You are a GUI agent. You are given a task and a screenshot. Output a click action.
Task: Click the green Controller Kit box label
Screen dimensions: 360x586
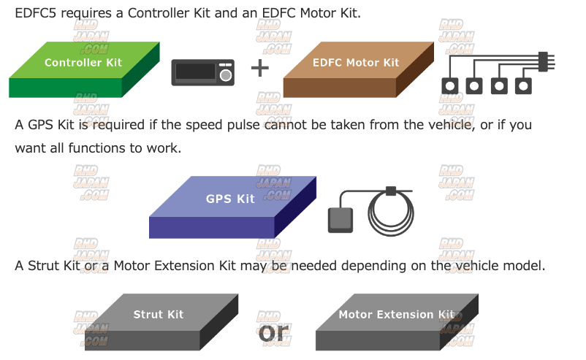tap(83, 63)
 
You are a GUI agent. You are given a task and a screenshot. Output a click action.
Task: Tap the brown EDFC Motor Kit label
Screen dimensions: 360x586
tap(356, 63)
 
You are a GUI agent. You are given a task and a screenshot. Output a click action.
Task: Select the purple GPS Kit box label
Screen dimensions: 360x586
tap(230, 199)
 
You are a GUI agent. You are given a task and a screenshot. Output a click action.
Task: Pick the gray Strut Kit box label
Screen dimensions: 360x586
tap(159, 315)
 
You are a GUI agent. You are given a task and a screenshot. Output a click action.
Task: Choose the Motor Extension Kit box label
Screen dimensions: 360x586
tap(396, 315)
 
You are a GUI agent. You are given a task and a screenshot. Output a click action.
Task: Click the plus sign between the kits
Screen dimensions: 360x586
tap(260, 69)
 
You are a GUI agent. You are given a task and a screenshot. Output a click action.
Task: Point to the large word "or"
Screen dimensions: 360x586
tap(275, 332)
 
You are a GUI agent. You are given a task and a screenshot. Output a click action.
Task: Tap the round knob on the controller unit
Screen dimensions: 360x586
tap(226, 74)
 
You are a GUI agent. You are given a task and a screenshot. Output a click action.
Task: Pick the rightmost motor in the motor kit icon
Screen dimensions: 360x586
tap(523, 85)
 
